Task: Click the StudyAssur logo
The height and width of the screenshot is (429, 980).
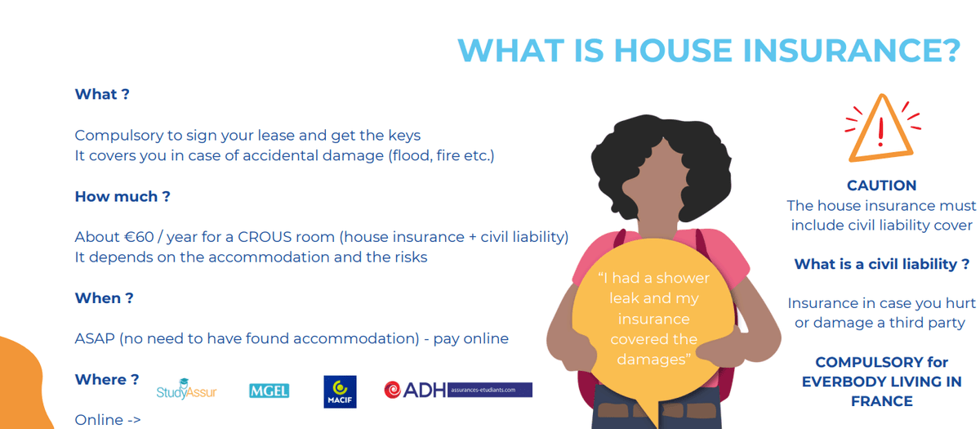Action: coord(186,389)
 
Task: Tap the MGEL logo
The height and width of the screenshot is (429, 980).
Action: coord(269,391)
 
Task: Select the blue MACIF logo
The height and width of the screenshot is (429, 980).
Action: coord(340,391)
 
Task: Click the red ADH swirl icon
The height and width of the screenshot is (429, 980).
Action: coord(393,390)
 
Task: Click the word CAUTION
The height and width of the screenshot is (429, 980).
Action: coord(881,185)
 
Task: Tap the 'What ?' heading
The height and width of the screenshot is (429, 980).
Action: coord(102,94)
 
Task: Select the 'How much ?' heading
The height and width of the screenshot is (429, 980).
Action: coord(122,197)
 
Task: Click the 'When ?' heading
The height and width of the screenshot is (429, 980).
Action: coord(105,298)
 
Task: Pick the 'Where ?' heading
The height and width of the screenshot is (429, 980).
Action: coord(107,379)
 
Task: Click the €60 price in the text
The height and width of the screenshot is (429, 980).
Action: coord(139,237)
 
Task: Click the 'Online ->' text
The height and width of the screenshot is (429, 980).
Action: coord(108,420)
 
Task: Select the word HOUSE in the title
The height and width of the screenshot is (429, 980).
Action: coord(673,51)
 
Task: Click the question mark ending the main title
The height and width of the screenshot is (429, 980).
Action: coord(948,51)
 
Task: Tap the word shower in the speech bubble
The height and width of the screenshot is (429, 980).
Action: coord(683,279)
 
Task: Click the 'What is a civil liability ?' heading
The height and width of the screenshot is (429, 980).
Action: coord(881,264)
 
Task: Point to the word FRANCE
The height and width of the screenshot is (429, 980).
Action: coord(881,401)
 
